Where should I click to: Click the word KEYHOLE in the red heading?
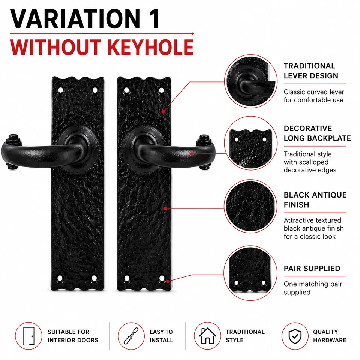pos(151,47)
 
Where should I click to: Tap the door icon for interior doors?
pos(29,336)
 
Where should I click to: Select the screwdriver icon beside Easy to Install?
pos(131,336)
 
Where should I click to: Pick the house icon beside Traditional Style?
pos(207,336)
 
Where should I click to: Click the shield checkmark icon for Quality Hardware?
pos(295,336)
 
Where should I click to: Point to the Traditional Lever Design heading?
pos(311,71)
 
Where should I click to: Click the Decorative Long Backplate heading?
pos(317,133)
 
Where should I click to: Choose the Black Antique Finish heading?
pos(315,200)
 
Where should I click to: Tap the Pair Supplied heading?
pos(312,268)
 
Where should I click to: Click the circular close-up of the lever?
pos(251,81)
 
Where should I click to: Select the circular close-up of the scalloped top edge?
pos(251,143)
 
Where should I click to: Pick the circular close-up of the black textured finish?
pos(250,206)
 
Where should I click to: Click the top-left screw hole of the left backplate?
pos(61,90)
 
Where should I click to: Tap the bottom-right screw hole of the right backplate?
pos(162,278)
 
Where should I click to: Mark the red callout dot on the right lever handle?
pos(192,154)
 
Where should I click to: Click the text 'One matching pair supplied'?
pos(313,288)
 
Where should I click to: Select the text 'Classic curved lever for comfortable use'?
pos(314,96)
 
